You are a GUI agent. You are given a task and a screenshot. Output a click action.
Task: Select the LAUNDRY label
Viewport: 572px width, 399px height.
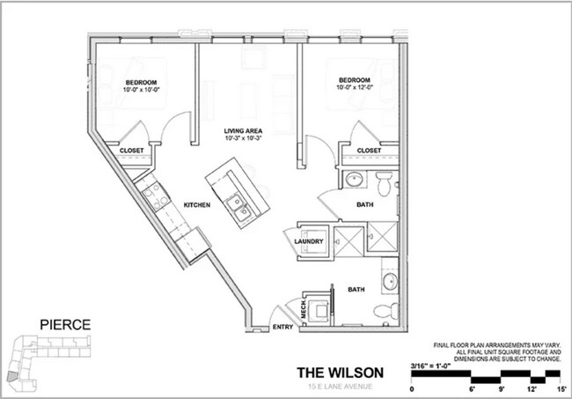310,242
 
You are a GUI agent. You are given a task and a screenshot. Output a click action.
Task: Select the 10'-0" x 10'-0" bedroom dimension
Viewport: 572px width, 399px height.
142,89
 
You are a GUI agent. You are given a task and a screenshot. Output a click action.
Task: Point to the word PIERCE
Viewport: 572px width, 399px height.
65,324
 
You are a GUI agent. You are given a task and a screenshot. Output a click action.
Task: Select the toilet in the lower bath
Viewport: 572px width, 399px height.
383,309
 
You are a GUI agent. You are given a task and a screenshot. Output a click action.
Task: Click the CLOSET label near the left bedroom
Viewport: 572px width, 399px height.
132,151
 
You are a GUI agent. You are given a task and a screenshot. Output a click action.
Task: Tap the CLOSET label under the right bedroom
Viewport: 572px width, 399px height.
370,151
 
